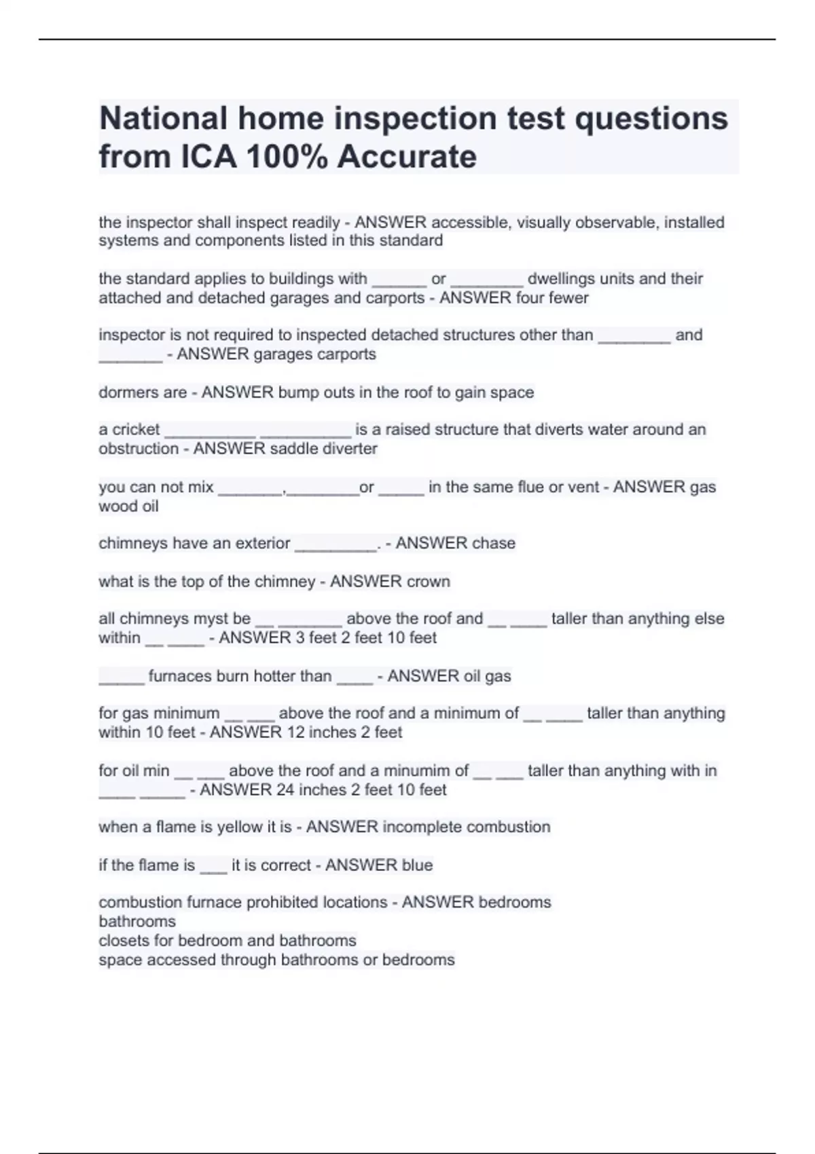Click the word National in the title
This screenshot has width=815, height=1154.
163,118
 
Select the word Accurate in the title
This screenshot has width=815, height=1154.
407,157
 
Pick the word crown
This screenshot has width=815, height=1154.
429,582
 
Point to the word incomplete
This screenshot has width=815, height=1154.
422,827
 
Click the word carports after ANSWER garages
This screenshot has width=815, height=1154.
348,354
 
